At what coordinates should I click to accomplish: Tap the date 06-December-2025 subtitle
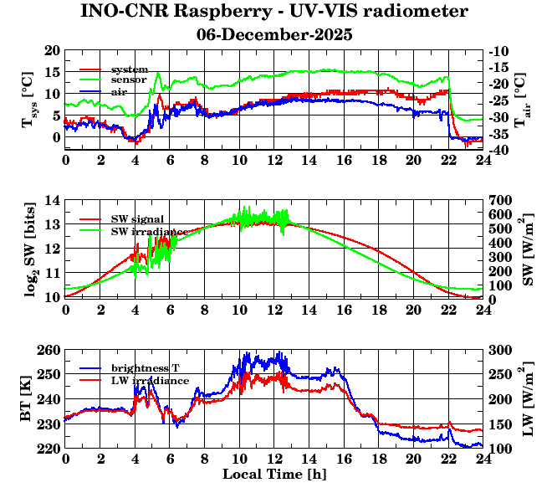pyautogui.click(x=274, y=35)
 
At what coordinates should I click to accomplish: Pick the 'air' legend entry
pyautogui.click(x=119, y=91)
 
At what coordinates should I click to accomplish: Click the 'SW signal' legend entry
pyautogui.click(x=139, y=218)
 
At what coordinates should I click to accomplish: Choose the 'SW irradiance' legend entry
pyautogui.click(x=147, y=230)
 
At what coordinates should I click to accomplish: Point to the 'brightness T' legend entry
pyautogui.click(x=146, y=368)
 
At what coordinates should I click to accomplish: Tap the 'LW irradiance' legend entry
pyautogui.click(x=150, y=381)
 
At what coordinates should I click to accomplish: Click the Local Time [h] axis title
pyautogui.click(x=274, y=475)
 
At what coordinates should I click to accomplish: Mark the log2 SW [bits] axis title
pyautogui.click(x=29, y=249)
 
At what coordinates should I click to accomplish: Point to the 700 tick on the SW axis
pyautogui.click(x=499, y=201)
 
